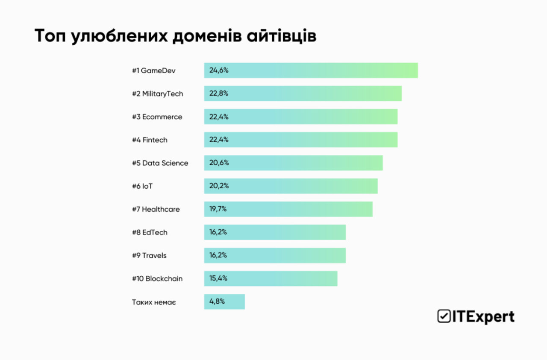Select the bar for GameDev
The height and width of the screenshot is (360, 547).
pyautogui.click(x=311, y=70)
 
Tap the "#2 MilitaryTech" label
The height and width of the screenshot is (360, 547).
pyautogui.click(x=157, y=94)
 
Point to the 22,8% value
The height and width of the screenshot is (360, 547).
pyautogui.click(x=219, y=94)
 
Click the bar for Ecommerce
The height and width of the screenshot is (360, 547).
pyautogui.click(x=301, y=117)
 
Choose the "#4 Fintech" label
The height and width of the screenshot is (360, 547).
pyautogui.click(x=150, y=140)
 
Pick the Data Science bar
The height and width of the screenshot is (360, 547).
pyautogui.click(x=293, y=163)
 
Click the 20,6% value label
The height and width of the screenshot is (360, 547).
pyautogui.click(x=219, y=163)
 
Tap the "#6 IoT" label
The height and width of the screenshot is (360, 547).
pyautogui.click(x=142, y=186)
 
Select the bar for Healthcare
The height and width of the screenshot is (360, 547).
pyautogui.click(x=288, y=209)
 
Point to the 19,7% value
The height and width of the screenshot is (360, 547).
pyautogui.click(x=218, y=209)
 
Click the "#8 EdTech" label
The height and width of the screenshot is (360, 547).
pyautogui.click(x=150, y=232)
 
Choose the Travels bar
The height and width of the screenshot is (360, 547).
pyautogui.click(x=275, y=255)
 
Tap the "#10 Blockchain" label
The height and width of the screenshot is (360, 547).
pyautogui.click(x=157, y=278)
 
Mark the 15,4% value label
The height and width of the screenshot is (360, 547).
pyautogui.click(x=218, y=278)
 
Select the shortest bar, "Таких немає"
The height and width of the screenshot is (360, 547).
pyautogui.click(x=224, y=301)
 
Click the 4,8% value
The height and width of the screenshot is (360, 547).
pyautogui.click(x=217, y=301)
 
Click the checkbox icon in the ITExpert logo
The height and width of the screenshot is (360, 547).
pyautogui.click(x=443, y=316)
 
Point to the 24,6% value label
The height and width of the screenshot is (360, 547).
pyautogui.click(x=219, y=70)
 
